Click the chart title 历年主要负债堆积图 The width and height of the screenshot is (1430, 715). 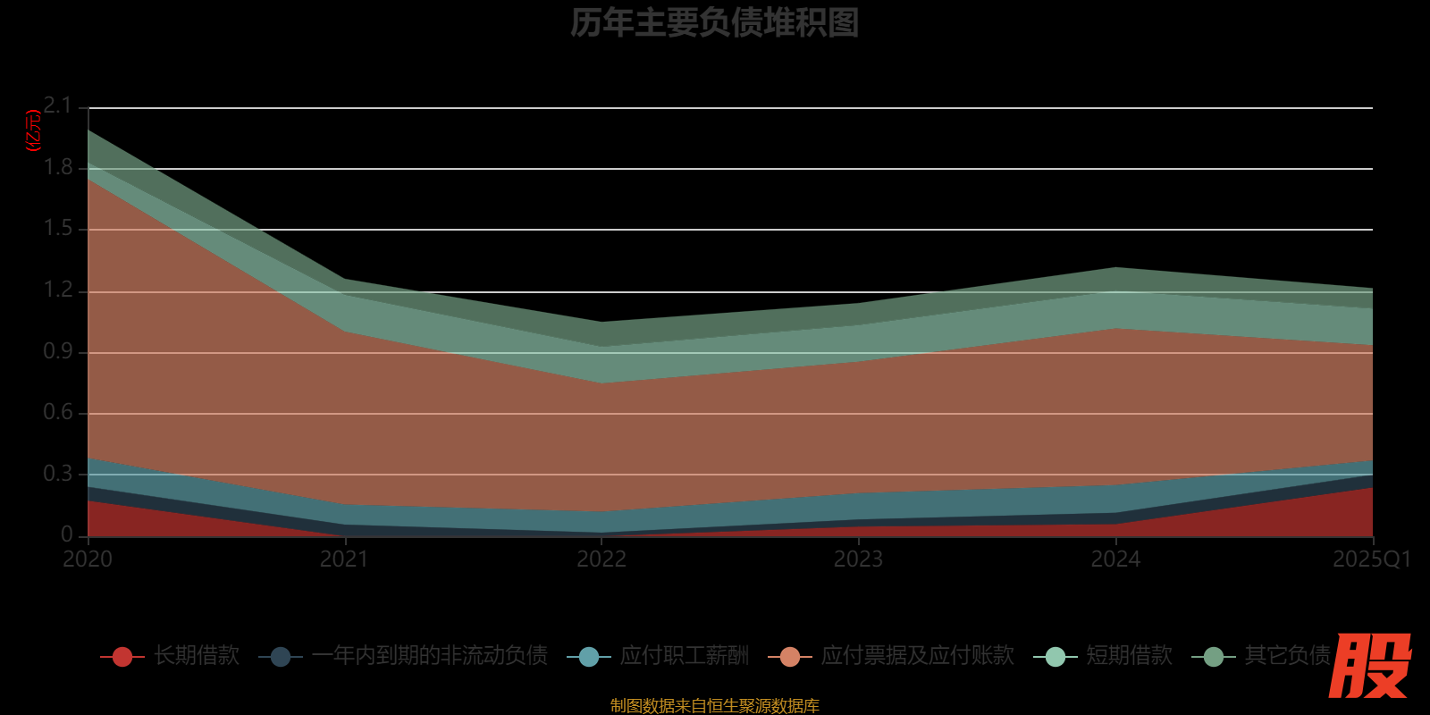[714, 23]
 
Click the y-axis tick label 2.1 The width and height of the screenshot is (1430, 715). [57, 105]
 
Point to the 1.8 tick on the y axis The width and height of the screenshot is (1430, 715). [57, 167]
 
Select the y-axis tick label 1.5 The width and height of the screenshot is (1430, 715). [57, 228]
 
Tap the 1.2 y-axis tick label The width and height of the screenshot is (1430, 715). [57, 290]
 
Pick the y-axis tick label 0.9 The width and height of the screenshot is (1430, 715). [57, 351]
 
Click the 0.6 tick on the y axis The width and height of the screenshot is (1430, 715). [57, 412]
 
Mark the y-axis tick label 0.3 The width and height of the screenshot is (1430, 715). [57, 474]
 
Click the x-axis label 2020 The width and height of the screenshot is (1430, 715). [88, 559]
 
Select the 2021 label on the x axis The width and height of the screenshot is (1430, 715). [344, 559]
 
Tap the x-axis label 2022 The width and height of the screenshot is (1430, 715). [601, 559]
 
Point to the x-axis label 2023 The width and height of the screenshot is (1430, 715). [858, 559]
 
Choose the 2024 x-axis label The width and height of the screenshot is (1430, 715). [1115, 559]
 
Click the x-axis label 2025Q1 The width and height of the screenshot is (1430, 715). [1371, 559]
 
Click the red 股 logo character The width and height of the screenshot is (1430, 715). [1369, 666]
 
